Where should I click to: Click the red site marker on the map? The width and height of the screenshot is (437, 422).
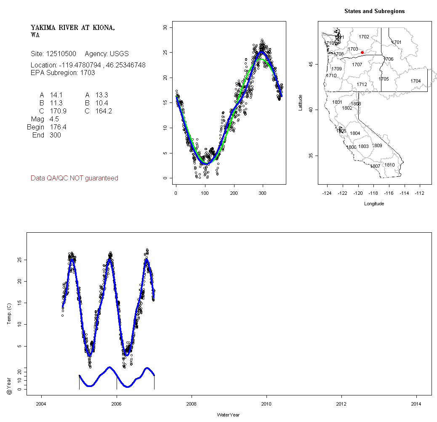[362, 52]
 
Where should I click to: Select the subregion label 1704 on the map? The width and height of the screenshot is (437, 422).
[416, 81]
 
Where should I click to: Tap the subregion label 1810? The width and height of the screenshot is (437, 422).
[390, 165]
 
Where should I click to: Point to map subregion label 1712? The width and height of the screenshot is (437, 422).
[362, 84]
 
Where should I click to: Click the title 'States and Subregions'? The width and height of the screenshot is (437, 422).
[374, 11]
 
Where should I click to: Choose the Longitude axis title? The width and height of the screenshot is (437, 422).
[374, 204]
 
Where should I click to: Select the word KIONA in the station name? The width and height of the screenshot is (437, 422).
[99, 28]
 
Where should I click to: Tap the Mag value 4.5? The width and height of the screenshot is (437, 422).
[54, 119]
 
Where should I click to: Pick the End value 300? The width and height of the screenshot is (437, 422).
[55, 135]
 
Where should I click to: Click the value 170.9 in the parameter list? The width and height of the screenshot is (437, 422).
[58, 111]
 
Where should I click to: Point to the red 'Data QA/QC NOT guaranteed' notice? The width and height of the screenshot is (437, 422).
[75, 178]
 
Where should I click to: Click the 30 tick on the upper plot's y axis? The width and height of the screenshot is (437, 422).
[165, 27]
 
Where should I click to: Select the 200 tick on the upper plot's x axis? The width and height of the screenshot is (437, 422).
[234, 193]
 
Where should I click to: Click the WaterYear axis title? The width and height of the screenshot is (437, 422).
[229, 415]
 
